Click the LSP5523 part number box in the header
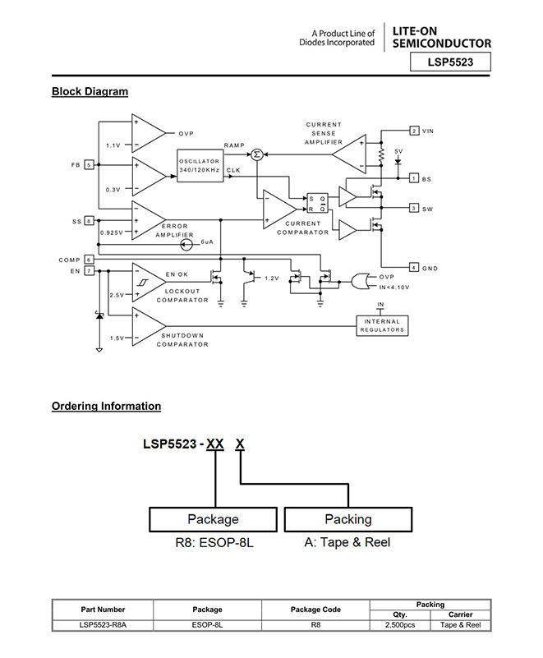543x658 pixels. (x=452, y=62)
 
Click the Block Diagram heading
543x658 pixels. (x=90, y=91)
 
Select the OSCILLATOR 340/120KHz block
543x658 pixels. (x=200, y=165)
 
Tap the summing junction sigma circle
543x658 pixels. (x=256, y=154)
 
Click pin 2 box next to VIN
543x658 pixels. (x=415, y=131)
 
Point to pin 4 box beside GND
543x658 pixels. (x=415, y=267)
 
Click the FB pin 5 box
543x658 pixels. (x=88, y=164)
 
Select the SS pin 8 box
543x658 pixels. (x=88, y=221)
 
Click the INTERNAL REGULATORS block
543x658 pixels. (x=382, y=325)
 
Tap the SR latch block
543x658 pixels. (x=316, y=203)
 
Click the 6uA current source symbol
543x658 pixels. (x=186, y=243)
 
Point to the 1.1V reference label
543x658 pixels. (x=113, y=145)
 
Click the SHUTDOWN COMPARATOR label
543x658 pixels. (x=184, y=340)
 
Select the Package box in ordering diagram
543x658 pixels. (x=213, y=519)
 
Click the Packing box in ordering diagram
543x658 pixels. (x=348, y=519)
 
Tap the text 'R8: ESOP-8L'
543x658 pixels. (x=213, y=543)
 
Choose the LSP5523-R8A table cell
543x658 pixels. (x=103, y=625)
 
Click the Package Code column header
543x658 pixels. (x=315, y=610)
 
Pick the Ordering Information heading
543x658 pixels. (x=106, y=406)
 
